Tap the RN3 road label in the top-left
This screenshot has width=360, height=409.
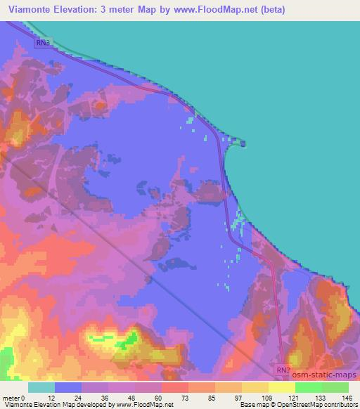coord(43,43)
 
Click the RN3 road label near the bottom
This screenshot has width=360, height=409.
coord(282,369)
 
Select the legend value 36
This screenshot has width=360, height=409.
coord(108,397)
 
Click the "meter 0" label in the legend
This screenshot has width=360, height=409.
coord(14,397)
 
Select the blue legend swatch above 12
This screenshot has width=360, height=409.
coord(67,387)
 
